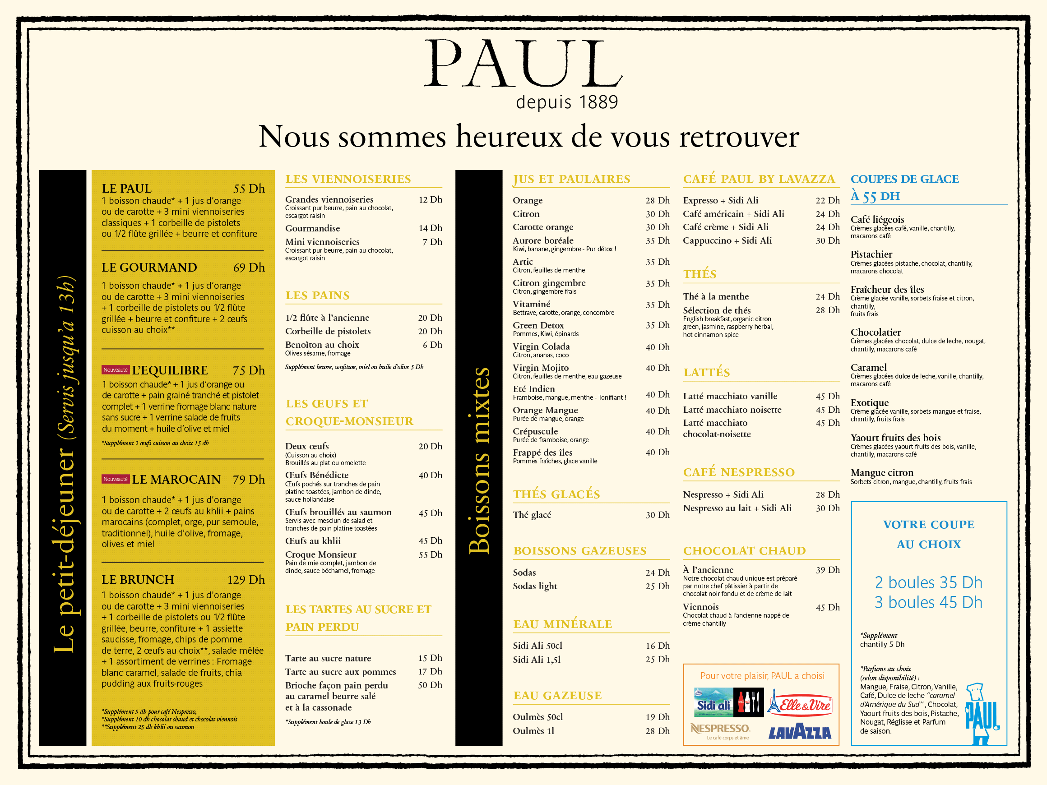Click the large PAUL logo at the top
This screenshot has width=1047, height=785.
523,64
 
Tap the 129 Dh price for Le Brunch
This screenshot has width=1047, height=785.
246,580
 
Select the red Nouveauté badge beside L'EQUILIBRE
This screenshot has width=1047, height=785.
116,369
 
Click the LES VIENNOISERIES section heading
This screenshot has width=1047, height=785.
348,179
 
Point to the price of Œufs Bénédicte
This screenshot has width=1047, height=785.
430,475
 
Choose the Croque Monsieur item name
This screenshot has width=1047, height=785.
320,554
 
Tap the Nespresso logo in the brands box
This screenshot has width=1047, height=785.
720,729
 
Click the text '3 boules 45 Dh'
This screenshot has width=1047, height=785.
928,602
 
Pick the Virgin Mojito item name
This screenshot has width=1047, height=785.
541,368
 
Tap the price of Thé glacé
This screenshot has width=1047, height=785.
658,515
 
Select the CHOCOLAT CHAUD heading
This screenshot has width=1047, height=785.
744,551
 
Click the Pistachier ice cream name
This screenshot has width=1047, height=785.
871,254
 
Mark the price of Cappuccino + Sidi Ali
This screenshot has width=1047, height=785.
827,240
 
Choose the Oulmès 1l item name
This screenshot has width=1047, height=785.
533,730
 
